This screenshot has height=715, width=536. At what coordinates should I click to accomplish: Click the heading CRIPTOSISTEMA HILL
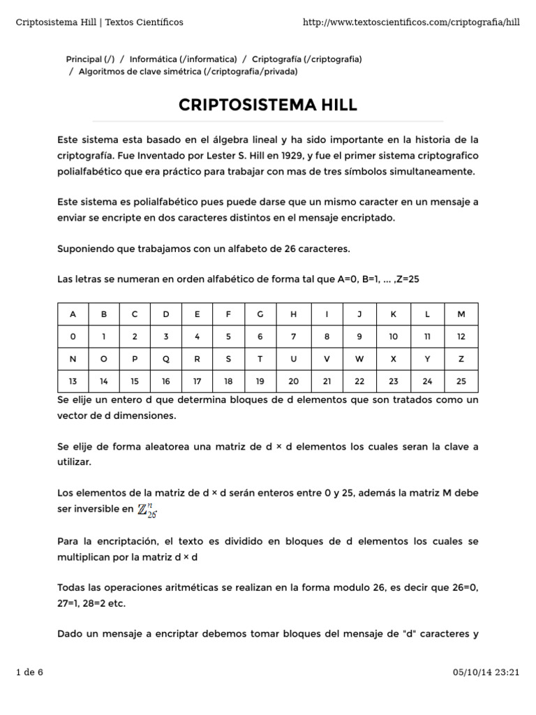pyautogui.click(x=268, y=105)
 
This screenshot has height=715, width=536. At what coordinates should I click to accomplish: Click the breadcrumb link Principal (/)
pyautogui.click(x=90, y=59)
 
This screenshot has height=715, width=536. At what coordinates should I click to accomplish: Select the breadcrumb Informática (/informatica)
pyautogui.click(x=183, y=59)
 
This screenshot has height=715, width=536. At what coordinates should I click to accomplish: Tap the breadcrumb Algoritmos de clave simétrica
pyautogui.click(x=188, y=71)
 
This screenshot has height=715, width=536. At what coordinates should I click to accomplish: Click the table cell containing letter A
pyautogui.click(x=73, y=314)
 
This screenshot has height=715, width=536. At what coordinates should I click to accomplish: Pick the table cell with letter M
pyautogui.click(x=461, y=314)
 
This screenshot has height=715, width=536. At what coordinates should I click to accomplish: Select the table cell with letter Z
pyautogui.click(x=461, y=358)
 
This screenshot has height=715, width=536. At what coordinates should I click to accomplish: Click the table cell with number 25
pyautogui.click(x=461, y=381)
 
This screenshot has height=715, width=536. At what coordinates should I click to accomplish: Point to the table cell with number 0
pyautogui.click(x=73, y=336)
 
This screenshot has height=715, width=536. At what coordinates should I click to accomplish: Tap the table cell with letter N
pyautogui.click(x=73, y=358)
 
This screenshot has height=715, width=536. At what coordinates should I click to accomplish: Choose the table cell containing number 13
pyautogui.click(x=73, y=381)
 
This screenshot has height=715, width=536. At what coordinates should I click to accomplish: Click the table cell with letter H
pyautogui.click(x=293, y=314)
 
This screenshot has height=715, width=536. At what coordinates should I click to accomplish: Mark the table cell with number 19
pyautogui.click(x=260, y=381)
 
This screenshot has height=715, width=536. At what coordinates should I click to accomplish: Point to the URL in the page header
pyautogui.click(x=412, y=22)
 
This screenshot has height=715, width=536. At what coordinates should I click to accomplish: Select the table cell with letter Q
pyautogui.click(x=166, y=358)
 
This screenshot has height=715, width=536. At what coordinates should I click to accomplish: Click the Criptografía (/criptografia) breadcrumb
pyautogui.click(x=306, y=59)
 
